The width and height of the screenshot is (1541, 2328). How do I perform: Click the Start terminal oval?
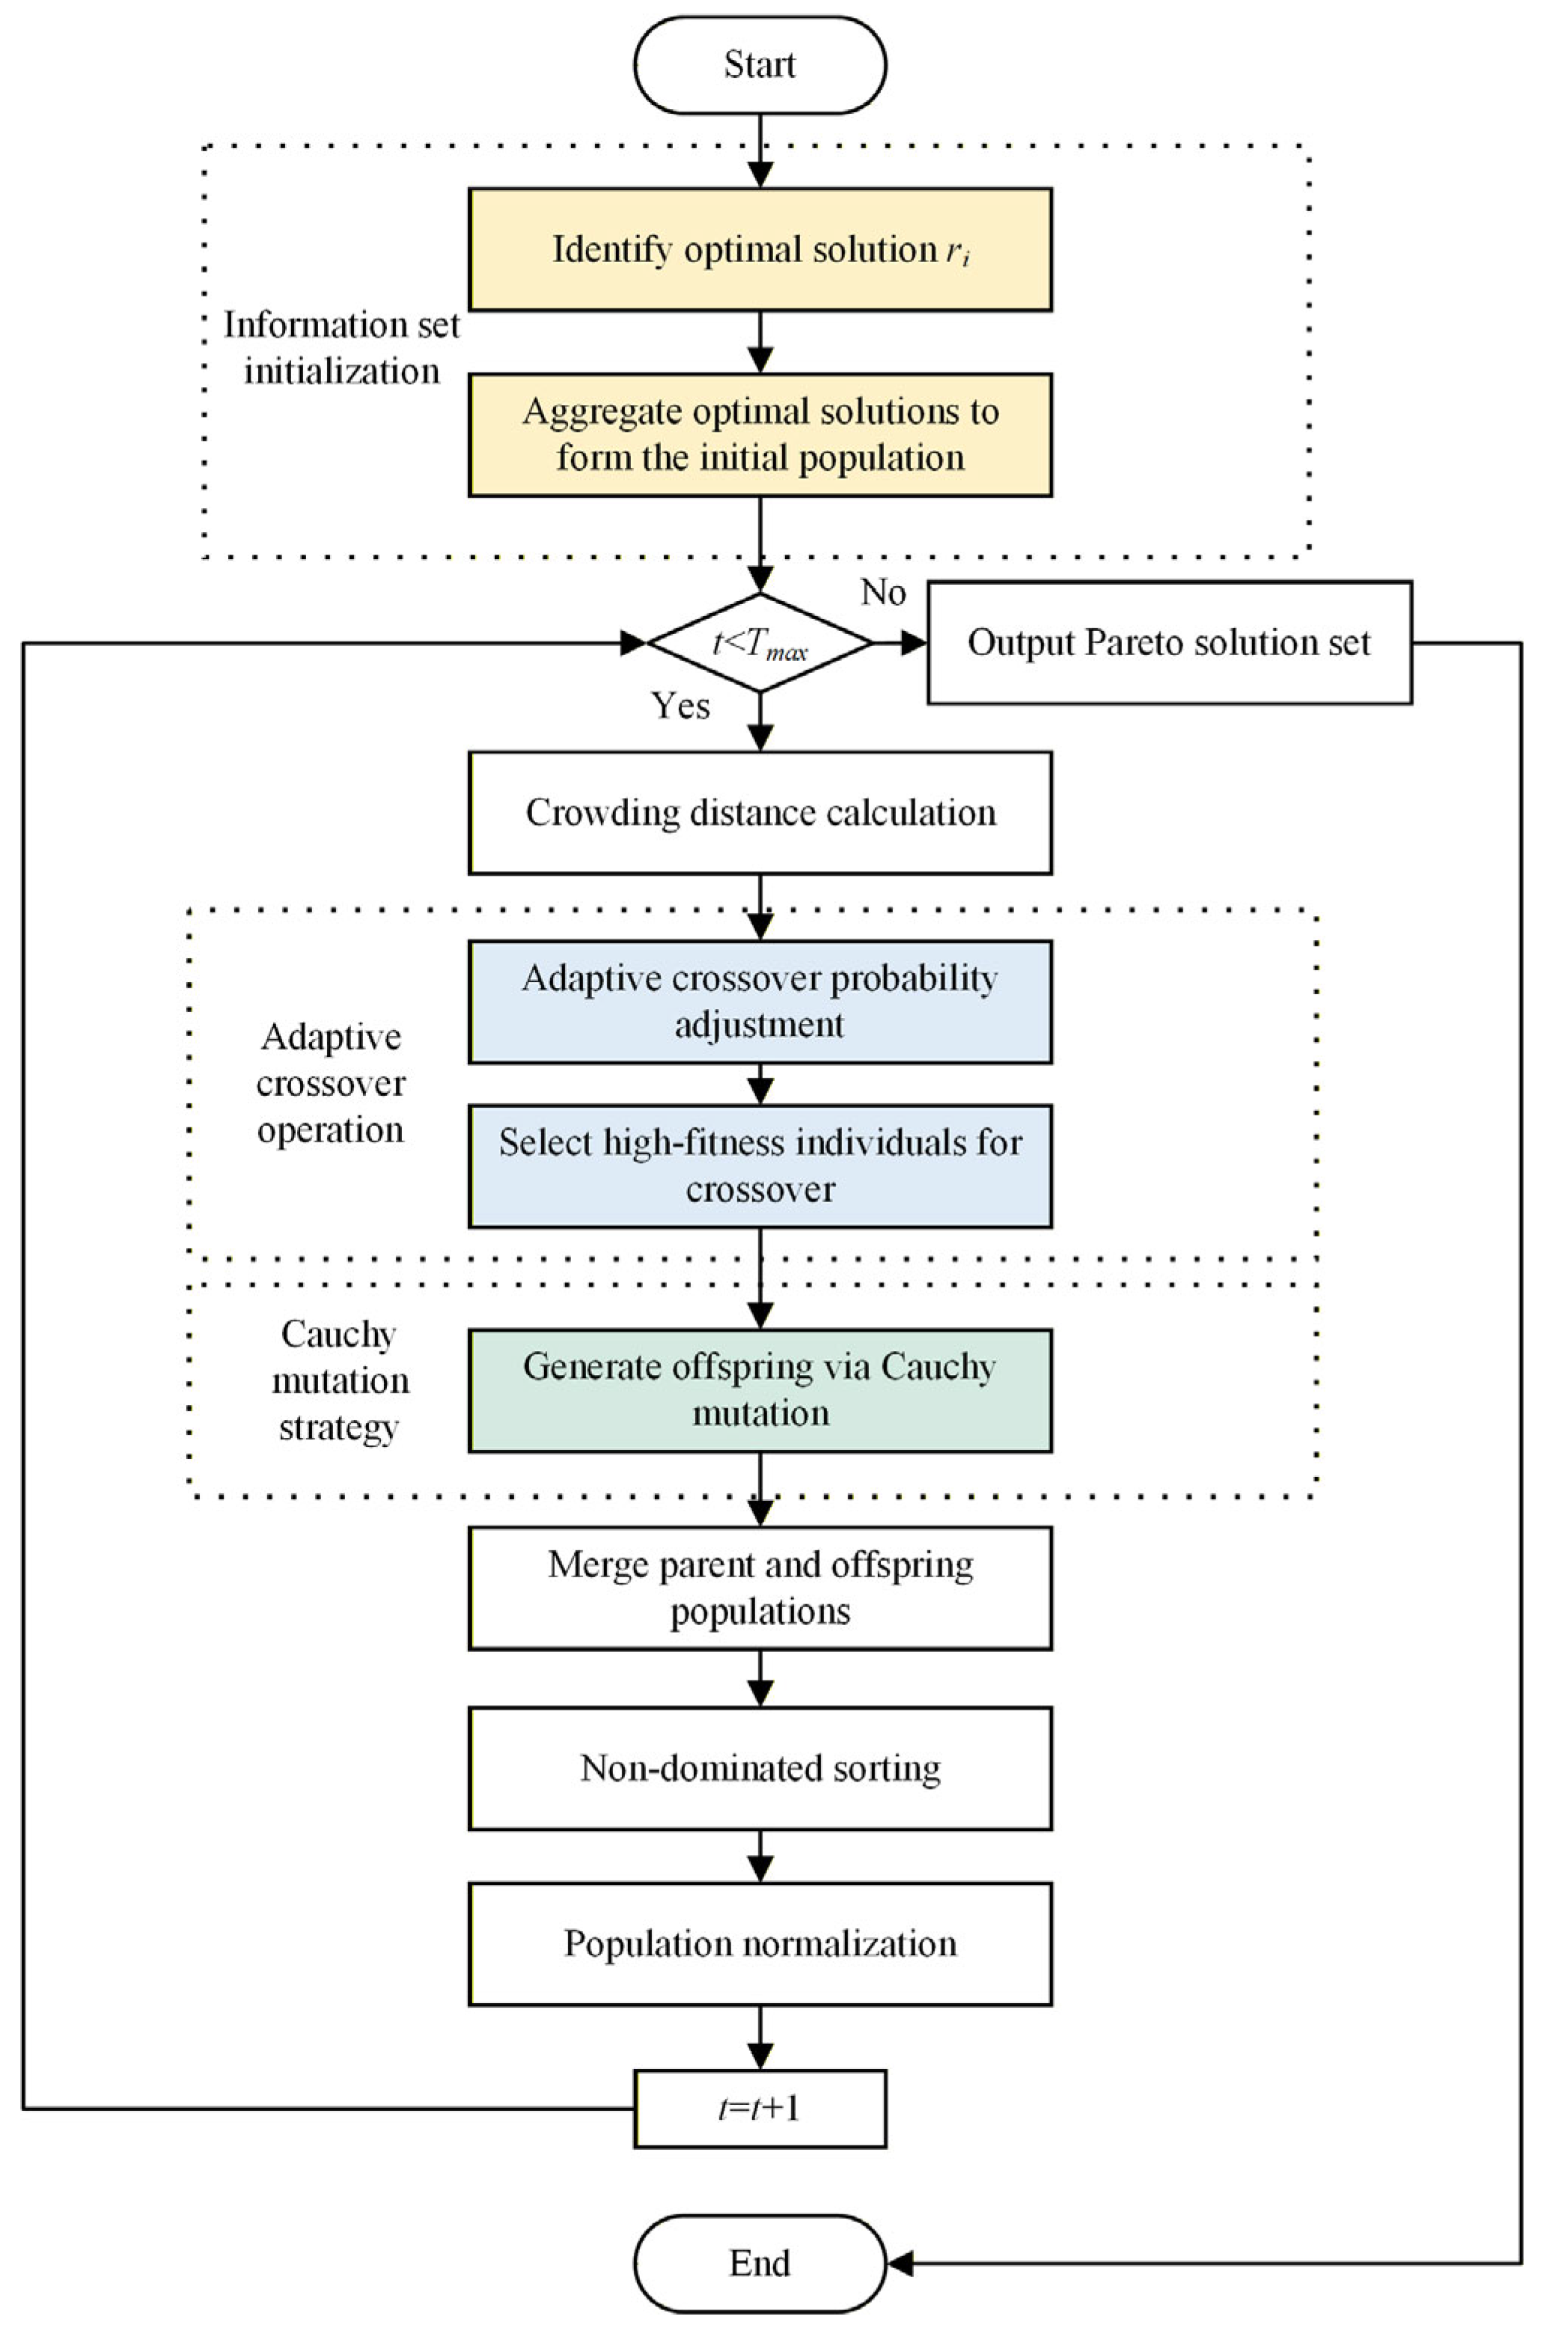click(760, 66)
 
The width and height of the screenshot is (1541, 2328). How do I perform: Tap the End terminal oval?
click(760, 2263)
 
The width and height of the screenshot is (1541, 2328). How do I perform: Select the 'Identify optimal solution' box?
click(760, 249)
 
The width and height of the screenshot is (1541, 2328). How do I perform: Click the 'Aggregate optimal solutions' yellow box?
click(760, 434)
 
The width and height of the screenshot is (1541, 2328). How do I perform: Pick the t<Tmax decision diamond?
click(760, 643)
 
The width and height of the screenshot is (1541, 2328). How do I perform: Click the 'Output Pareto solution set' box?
click(1170, 643)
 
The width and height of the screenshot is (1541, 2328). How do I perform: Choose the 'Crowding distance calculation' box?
click(760, 813)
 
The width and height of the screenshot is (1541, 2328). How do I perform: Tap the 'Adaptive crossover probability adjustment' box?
click(760, 1002)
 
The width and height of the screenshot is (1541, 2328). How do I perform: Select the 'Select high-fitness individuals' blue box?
click(760, 1165)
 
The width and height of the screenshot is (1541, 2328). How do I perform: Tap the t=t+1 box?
click(760, 2109)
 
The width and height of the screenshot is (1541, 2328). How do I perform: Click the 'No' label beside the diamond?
click(882, 593)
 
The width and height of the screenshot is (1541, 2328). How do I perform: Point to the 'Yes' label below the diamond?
click(680, 706)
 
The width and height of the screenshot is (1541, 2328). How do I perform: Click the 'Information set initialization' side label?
click(341, 348)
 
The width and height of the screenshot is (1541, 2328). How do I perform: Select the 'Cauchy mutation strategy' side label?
click(339, 1380)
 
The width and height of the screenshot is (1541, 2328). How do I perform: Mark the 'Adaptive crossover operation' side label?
click(332, 1083)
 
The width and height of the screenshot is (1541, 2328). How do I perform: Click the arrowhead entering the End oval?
click(900, 2263)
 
